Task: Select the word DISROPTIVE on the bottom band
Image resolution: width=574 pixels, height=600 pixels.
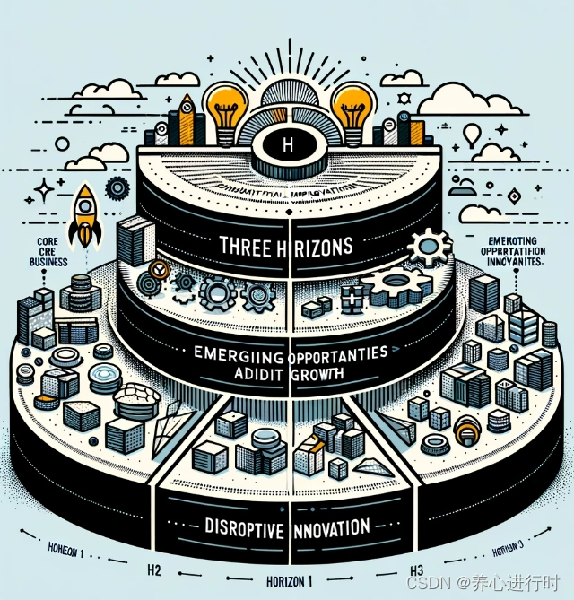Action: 236,526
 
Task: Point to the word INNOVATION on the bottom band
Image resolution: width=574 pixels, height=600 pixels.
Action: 331,526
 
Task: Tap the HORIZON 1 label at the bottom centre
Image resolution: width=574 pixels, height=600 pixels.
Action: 291,578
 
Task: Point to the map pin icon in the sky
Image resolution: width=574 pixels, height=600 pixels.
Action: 472,136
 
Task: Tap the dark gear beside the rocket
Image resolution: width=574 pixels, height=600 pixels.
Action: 117,188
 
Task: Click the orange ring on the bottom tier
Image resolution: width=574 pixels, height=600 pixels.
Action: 465,435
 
